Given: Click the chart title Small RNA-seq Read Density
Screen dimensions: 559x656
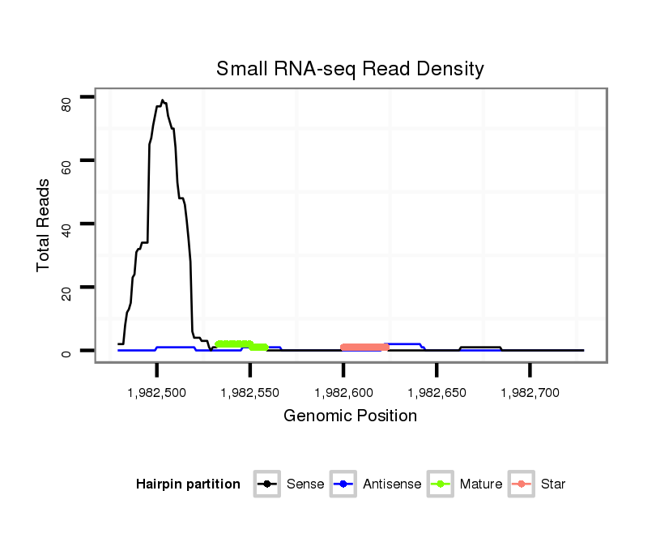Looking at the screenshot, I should (x=350, y=69).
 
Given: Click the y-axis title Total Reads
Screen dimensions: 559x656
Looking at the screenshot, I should (x=44, y=224).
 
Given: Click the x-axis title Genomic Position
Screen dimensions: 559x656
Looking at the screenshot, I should (x=350, y=416).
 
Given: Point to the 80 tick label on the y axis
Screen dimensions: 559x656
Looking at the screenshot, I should (x=66, y=103).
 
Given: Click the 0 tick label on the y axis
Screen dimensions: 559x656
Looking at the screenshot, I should (x=66, y=353).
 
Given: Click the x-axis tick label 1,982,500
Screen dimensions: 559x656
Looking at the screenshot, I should (x=156, y=393).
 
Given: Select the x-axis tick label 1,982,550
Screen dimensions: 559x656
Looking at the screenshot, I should (x=249, y=393).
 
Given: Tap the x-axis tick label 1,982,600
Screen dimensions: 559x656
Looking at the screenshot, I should (x=343, y=393).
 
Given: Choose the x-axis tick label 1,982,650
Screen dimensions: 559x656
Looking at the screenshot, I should (x=437, y=393).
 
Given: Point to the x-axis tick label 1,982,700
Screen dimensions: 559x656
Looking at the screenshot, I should (x=530, y=393).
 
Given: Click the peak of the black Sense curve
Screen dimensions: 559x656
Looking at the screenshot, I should (x=162, y=100).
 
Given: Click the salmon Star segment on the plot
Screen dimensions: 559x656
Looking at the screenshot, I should (x=364, y=348).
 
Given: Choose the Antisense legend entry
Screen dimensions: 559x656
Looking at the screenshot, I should (x=377, y=484).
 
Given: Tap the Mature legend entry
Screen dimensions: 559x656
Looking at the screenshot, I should (x=465, y=484).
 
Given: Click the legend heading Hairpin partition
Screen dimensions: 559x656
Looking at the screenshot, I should (x=188, y=484).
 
